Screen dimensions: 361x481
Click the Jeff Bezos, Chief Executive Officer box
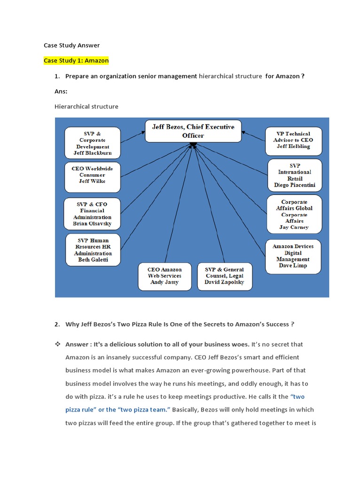pos(193,132)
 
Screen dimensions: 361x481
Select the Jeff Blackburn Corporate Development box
pos(93,143)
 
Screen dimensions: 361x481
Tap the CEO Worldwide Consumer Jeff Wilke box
pos(93,177)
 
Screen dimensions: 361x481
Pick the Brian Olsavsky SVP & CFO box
pos(92,214)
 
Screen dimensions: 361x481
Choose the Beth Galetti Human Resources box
pos(93,250)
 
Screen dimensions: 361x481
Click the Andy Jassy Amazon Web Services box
pos(165,276)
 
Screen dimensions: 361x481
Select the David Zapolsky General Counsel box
pos(224,276)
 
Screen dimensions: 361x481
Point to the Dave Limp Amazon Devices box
pos(293,256)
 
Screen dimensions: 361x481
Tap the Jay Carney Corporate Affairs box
pos(294,214)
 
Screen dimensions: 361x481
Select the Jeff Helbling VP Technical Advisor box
pos(293,141)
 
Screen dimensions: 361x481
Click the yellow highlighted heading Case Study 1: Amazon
pos(76,61)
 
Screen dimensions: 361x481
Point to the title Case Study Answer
pos(71,46)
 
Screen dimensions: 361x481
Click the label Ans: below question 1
pos(61,92)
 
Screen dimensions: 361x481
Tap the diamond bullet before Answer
pos(58,344)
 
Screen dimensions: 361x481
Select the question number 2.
pos(57,324)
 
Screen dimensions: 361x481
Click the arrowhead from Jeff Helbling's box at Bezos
pos(243,132)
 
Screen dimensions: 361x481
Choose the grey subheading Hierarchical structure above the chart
pos(86,107)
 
